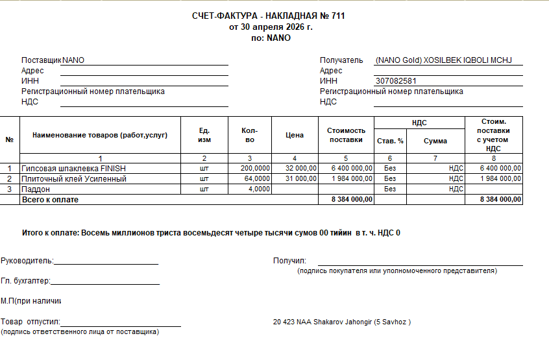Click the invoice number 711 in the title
[x=337, y=16]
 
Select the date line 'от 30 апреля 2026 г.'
[x=271, y=27]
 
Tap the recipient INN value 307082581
[x=396, y=81]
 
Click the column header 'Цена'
[x=295, y=136]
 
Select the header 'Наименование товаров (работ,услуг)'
[x=100, y=136]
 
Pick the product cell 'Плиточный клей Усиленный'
[x=74, y=178]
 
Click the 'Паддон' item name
[x=36, y=189]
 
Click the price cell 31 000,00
[x=300, y=178]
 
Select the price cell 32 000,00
[x=300, y=168]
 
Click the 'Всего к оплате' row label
[x=50, y=200]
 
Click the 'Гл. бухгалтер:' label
[x=25, y=281]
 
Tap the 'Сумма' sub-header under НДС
[x=435, y=141]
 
